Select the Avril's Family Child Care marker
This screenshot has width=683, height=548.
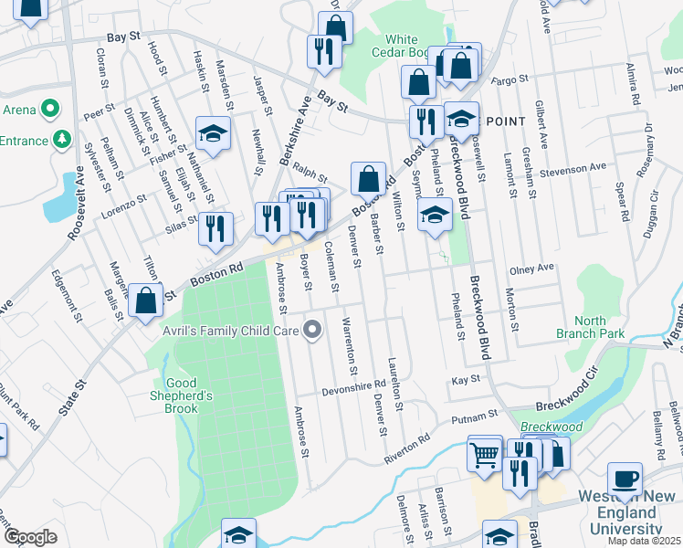coord(313,329)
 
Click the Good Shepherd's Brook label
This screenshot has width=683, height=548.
coord(182,395)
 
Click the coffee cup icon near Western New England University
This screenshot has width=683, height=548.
coord(625,479)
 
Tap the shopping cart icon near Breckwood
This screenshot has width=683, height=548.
coord(485,452)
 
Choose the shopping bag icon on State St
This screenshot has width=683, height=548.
coord(146,300)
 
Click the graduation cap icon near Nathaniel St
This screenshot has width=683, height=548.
coord(213,134)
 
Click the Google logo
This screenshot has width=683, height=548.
coord(30,537)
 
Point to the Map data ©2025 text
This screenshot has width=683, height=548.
coord(645,542)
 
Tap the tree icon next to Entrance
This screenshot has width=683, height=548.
coord(61,139)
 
